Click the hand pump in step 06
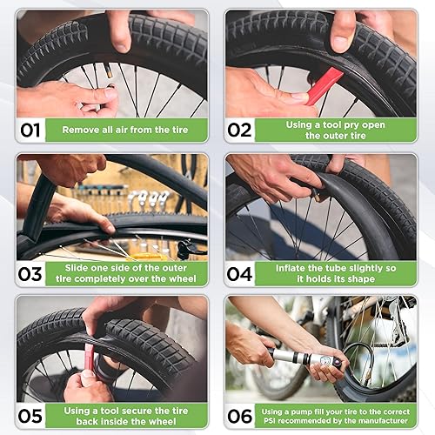click(x=296, y=357)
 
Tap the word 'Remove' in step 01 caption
click(x=83, y=130)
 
